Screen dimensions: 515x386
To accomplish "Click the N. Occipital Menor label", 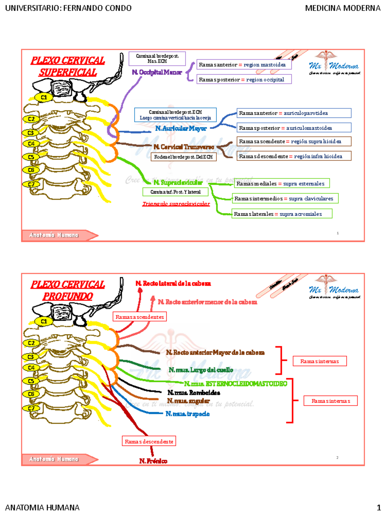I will pyautogui.click(x=157, y=72).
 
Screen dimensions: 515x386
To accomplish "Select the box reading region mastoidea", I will pyautogui.click(x=244, y=65).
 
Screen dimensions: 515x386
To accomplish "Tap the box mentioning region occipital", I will pyautogui.click(x=244, y=80).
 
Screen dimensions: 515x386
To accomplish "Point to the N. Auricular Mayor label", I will pyautogui.click(x=181, y=128).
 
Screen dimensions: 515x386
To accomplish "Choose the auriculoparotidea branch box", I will pyautogui.click(x=294, y=113).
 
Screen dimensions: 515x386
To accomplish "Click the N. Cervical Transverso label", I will pyautogui.click(x=184, y=147).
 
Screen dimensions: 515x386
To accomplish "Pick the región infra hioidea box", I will pyautogui.click(x=294, y=156).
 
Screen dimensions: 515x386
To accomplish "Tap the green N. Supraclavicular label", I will pyautogui.click(x=178, y=183).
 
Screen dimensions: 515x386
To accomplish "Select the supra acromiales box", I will pyautogui.click(x=282, y=214).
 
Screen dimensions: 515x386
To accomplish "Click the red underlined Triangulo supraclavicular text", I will pyautogui.click(x=176, y=204).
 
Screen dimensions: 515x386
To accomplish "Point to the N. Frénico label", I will pyautogui.click(x=153, y=461).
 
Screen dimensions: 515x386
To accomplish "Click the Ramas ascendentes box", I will pyautogui.click(x=140, y=317).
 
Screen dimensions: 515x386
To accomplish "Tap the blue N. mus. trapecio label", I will pyautogui.click(x=188, y=414).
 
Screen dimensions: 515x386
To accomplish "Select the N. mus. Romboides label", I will pyautogui.click(x=194, y=393).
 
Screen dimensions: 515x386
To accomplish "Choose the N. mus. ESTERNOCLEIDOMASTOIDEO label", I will pyautogui.click(x=235, y=384).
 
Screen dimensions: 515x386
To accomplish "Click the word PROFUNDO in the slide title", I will pyautogui.click(x=68, y=296).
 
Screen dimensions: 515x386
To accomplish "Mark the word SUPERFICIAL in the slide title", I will pyautogui.click(x=68, y=72).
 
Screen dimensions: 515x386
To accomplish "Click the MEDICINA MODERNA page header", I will pyautogui.click(x=343, y=8).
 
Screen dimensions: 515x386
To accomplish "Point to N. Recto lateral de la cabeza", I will pyautogui.click(x=173, y=284).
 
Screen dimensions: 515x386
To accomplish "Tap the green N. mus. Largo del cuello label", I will pyautogui.click(x=201, y=370).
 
